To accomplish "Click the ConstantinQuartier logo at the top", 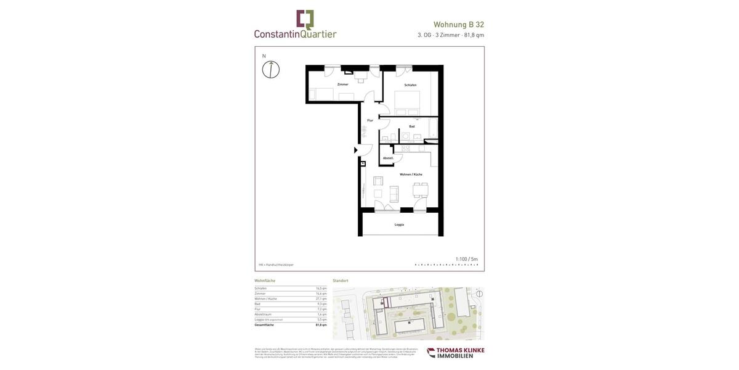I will click(x=296, y=25).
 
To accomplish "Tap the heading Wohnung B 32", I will click(x=459, y=25).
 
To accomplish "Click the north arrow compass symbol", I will click(x=271, y=69).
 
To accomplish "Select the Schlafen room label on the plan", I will click(x=410, y=85).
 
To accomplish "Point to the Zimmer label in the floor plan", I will click(x=343, y=84).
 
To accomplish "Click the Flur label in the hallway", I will click(x=370, y=120).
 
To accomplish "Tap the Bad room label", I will click(x=412, y=126).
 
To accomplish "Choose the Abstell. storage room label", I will click(x=388, y=158).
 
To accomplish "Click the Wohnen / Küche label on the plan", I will click(x=411, y=175).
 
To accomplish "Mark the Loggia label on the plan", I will click(x=400, y=224).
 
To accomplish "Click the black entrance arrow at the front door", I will click(x=356, y=150).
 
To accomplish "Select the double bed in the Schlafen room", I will click(x=407, y=102).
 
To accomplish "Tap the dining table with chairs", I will click(x=421, y=190).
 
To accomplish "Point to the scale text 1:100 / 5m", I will click(x=466, y=259).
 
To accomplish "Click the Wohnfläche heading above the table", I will click(x=265, y=281).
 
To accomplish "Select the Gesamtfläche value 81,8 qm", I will click(x=321, y=325).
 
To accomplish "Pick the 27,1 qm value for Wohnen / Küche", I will click(x=321, y=298).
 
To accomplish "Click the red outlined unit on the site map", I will click(x=386, y=302).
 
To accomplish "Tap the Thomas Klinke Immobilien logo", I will click(x=456, y=353).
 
